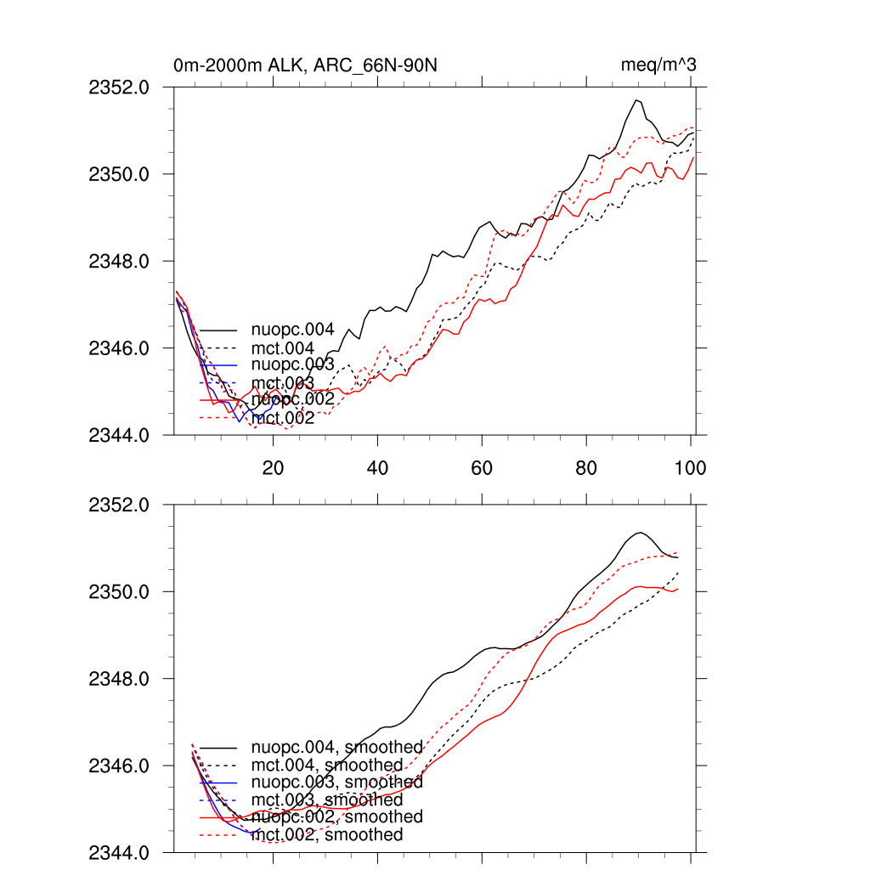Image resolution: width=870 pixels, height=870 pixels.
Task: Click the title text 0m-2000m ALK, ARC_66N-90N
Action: tap(305, 65)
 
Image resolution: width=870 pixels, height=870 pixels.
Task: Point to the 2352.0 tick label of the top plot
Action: tap(119, 88)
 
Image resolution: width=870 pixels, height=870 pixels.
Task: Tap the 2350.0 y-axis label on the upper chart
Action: tap(119, 174)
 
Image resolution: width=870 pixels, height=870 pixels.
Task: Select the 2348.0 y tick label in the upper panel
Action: tap(119, 261)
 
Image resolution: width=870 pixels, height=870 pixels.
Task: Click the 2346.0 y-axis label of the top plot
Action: tap(119, 348)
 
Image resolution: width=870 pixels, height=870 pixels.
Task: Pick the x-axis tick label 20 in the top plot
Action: tap(273, 468)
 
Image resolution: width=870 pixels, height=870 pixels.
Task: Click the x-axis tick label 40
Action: tap(377, 468)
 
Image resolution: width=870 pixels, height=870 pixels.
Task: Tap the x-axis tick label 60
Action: tap(482, 468)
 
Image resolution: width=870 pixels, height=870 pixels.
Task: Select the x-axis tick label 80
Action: tap(586, 468)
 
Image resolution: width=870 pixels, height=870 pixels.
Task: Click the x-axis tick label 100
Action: tap(690, 468)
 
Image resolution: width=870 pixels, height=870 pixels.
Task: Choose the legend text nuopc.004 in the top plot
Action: tap(293, 329)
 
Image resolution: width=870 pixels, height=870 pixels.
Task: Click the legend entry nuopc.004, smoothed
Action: tap(337, 747)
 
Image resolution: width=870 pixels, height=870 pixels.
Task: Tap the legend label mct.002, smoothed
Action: tap(327, 835)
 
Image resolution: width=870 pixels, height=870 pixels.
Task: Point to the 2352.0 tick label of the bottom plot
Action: tap(119, 505)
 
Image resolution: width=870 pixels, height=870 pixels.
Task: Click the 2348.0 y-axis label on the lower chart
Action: tap(119, 679)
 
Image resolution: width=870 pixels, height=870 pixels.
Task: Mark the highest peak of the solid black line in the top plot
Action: tap(635, 100)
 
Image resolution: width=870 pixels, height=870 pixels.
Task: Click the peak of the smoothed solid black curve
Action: tap(640, 533)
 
